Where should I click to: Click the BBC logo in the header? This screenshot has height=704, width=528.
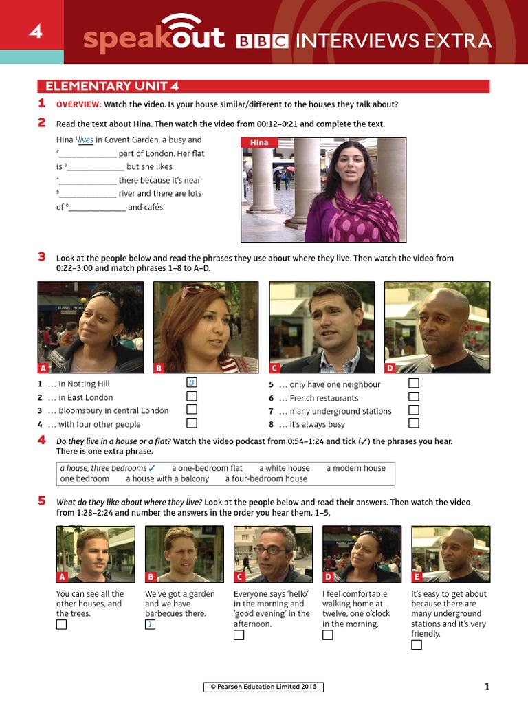click(x=262, y=42)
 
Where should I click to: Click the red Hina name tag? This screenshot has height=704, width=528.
click(x=259, y=142)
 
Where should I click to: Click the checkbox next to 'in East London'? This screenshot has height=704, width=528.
click(x=192, y=397)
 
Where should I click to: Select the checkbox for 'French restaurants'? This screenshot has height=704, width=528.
click(x=414, y=397)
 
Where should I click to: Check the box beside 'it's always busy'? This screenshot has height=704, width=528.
click(x=414, y=423)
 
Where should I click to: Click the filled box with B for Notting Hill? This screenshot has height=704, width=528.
click(x=192, y=383)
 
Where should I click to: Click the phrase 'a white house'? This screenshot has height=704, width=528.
click(x=284, y=468)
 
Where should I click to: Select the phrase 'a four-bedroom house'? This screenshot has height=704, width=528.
click(x=266, y=478)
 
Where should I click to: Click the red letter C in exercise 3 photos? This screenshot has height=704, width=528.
click(x=274, y=368)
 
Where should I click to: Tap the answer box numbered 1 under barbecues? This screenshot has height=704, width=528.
click(x=150, y=624)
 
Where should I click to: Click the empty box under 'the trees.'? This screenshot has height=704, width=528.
click(x=62, y=624)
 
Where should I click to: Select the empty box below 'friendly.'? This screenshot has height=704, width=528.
click(x=417, y=645)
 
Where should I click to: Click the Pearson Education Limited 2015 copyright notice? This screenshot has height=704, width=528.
click(x=263, y=687)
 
